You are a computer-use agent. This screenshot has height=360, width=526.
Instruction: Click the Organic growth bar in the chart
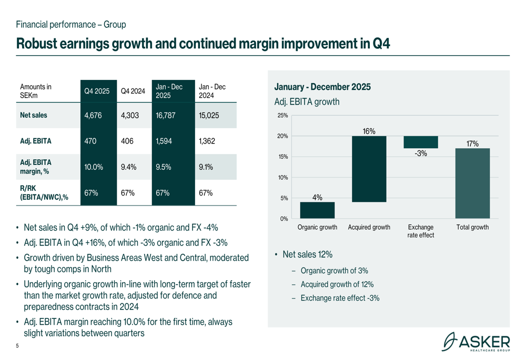click(317, 210)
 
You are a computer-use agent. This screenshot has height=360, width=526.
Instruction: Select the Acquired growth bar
click(369, 169)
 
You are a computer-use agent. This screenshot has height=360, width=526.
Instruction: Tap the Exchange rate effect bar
click(420, 142)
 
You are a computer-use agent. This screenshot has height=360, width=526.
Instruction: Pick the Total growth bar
click(472, 183)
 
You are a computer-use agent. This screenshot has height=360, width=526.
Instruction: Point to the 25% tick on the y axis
click(283, 116)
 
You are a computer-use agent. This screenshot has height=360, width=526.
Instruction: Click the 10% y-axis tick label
click(283, 178)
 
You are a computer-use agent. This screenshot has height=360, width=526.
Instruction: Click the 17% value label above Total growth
click(472, 143)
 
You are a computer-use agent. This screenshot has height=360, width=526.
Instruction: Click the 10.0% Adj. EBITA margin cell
click(94, 167)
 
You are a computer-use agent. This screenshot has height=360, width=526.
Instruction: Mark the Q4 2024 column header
click(133, 91)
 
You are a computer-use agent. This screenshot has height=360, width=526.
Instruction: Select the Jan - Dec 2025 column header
click(169, 90)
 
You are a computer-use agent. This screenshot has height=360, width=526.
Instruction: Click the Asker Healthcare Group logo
click(476, 342)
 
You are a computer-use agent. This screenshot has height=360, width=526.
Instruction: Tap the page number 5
click(18, 345)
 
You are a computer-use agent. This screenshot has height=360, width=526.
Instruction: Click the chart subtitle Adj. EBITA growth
click(307, 102)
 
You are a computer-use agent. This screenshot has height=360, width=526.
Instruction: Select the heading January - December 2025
click(322, 87)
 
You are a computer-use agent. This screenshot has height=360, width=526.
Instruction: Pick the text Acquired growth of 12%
click(337, 284)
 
